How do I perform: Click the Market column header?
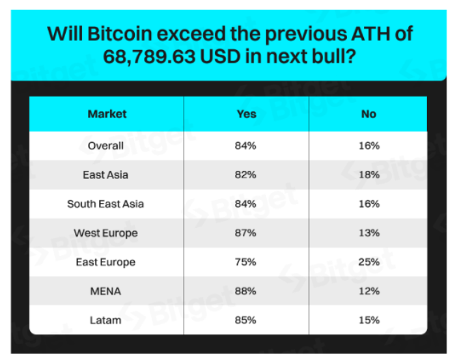pyautogui.click(x=107, y=114)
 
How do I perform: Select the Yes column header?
pyautogui.click(x=247, y=114)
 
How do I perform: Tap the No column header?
pyautogui.click(x=369, y=114)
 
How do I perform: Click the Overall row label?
pyautogui.click(x=105, y=145)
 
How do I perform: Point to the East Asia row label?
pyautogui.click(x=105, y=174)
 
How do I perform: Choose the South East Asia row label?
pyautogui.click(x=105, y=204)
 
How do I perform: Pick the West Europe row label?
pyautogui.click(x=105, y=233)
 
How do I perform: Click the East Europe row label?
pyautogui.click(x=105, y=262)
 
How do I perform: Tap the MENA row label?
pyautogui.click(x=105, y=291)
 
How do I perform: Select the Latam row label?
pyautogui.click(x=105, y=320)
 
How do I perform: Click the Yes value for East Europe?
pyautogui.click(x=245, y=262)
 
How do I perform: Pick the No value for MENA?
pyautogui.click(x=369, y=291)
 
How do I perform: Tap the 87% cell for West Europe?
pyautogui.click(x=245, y=233)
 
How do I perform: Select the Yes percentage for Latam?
pyautogui.click(x=245, y=320)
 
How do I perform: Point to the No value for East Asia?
pyautogui.click(x=369, y=174)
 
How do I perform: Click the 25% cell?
pyautogui.click(x=369, y=262)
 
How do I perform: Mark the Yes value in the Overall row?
pyautogui.click(x=245, y=145)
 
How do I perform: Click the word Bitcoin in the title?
pyautogui.click(x=120, y=33)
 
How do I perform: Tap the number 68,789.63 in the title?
pyautogui.click(x=149, y=57)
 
